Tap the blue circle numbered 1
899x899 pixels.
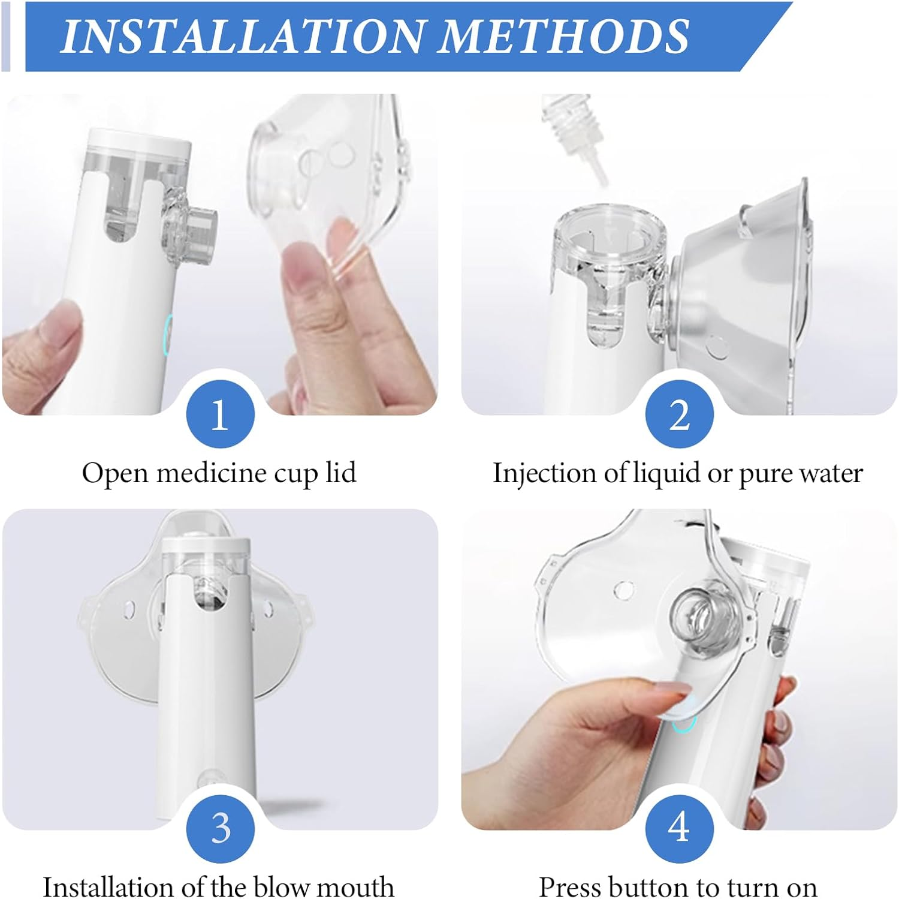pos(220,414)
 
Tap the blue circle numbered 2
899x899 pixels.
pos(679,414)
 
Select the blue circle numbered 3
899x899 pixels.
pos(220,828)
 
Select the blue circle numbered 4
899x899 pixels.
pos(679,828)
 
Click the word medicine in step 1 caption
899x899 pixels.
pos(213,473)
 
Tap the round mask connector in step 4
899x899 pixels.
pos(698,615)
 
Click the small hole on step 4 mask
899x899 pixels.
pos(623,590)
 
